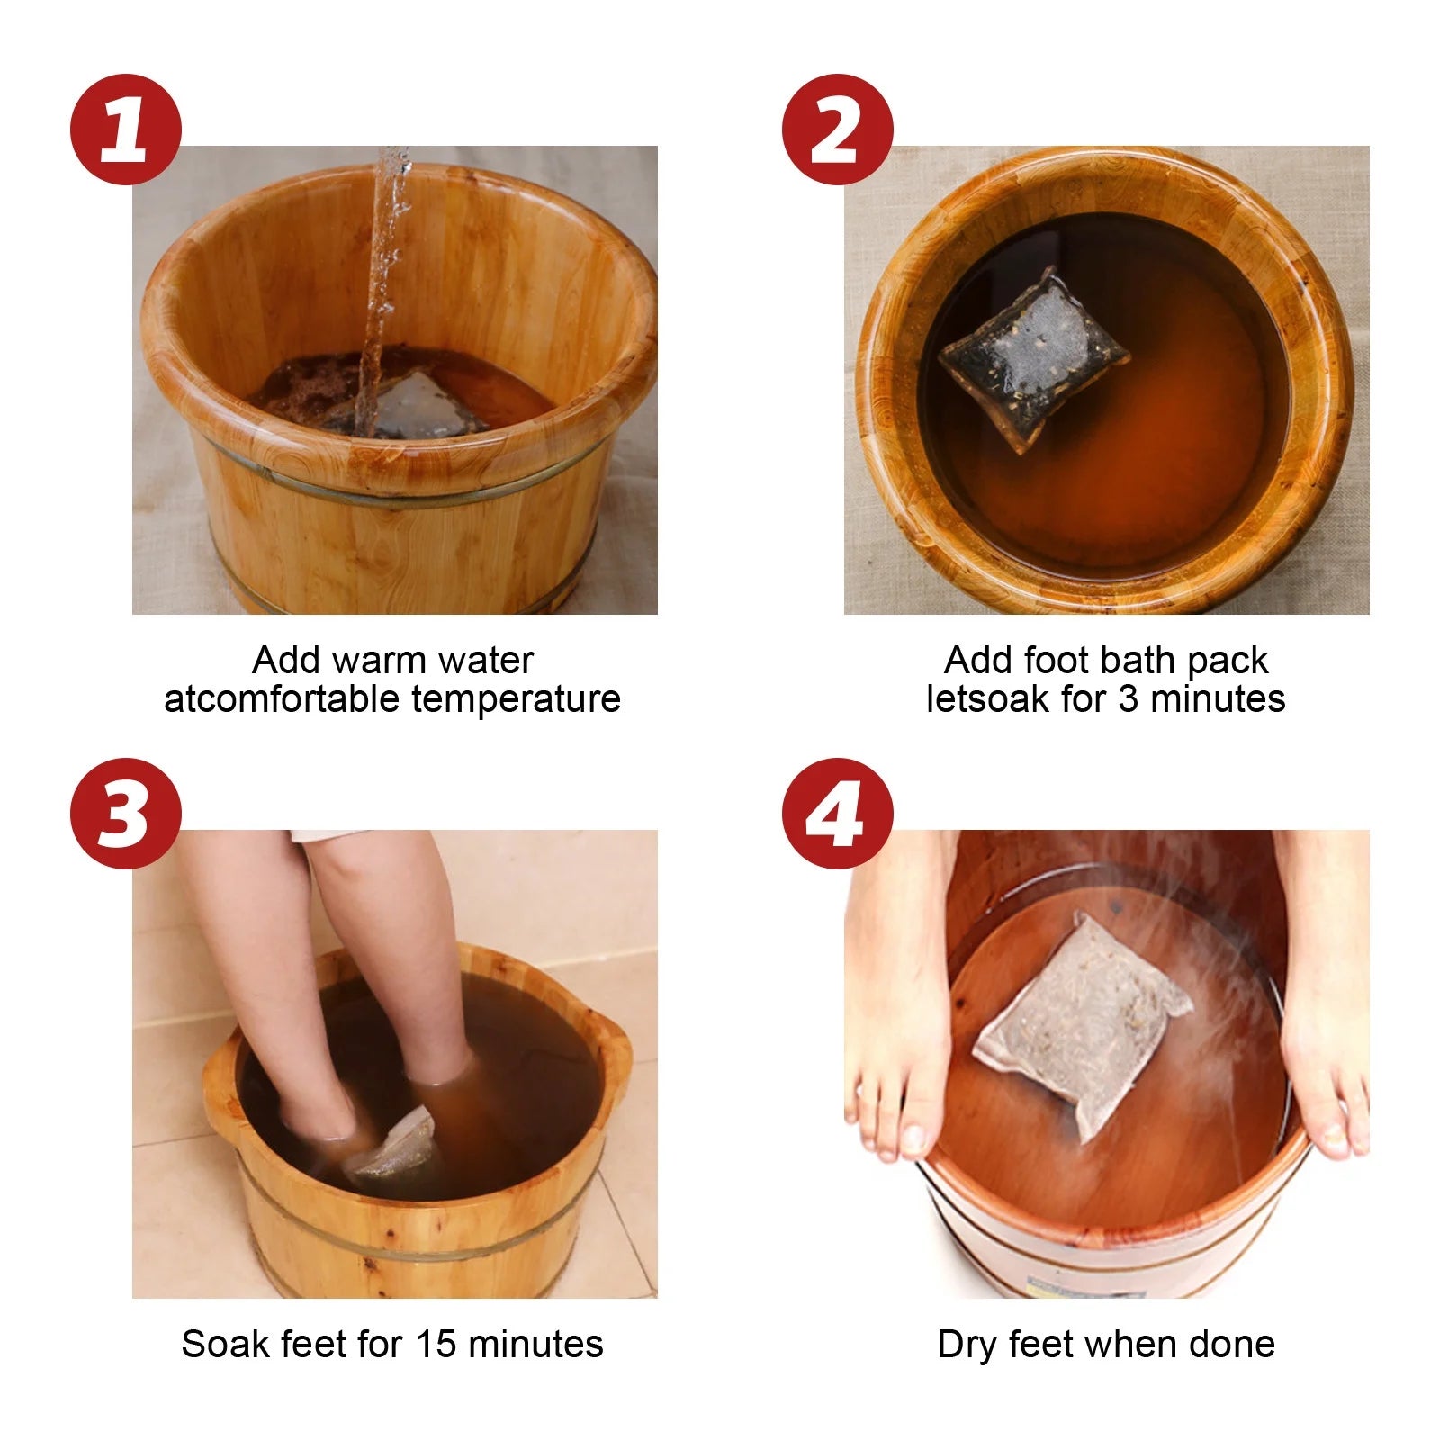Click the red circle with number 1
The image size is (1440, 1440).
point(125,130)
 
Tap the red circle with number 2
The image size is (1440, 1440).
point(837,130)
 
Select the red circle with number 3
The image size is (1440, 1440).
point(125,814)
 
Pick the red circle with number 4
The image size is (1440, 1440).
point(837,814)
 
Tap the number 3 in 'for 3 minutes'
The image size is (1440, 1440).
point(1129,699)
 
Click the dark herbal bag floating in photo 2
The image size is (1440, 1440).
point(1033,357)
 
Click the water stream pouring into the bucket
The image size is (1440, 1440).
point(382,288)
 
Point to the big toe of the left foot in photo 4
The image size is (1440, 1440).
point(913,1138)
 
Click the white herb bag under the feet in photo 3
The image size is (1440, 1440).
point(392,1143)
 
